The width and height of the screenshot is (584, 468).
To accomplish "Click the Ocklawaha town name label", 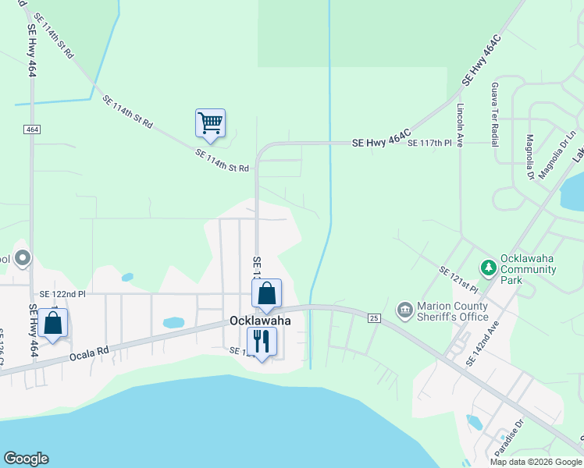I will click(x=260, y=321).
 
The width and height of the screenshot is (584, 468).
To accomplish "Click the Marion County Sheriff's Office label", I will click(x=453, y=311).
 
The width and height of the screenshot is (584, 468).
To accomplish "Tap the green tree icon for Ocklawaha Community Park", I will click(x=489, y=268).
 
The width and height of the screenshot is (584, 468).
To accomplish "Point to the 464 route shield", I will click(x=31, y=129).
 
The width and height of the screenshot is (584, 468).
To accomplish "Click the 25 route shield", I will click(x=374, y=318).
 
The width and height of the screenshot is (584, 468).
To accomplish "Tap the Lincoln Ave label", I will click(x=461, y=125).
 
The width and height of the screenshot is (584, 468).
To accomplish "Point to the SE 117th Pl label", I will click(x=429, y=143).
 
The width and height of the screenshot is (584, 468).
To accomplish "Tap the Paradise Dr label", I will click(x=508, y=438).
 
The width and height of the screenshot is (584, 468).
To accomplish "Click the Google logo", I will click(x=27, y=459).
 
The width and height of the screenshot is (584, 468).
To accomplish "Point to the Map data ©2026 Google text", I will click(x=535, y=462).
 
